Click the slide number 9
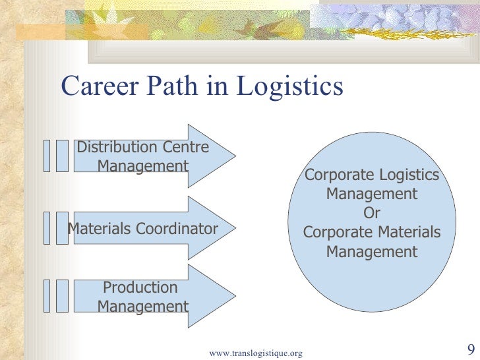coord(470,349)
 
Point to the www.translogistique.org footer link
coord(255,353)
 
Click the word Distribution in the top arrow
coord(117,147)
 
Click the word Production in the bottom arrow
coord(140,287)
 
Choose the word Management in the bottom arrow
coord(142,307)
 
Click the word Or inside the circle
coord(372,214)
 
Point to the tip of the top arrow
coord(233,156)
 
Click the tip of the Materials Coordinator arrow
coord(233,228)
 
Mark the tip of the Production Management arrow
coord(233,296)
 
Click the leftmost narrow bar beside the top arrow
coord(46,156)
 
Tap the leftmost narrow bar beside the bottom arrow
coord(46,295)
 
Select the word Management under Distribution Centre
coord(142,166)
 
